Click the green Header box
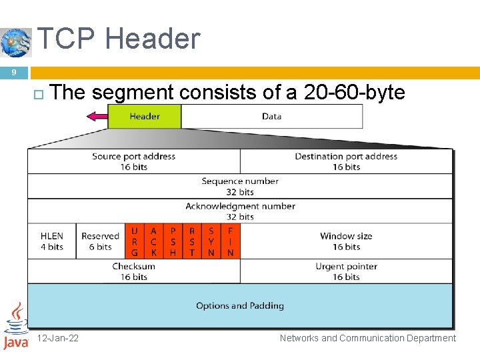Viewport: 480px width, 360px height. (145, 116)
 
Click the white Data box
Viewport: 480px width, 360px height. (271, 116)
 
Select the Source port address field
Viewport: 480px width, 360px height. (134, 161)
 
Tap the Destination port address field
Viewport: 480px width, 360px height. (346, 161)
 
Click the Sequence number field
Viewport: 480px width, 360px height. (240, 186)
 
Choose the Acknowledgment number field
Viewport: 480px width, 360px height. (240, 211)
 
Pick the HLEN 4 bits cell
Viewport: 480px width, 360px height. (52, 241)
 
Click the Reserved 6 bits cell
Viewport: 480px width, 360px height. (100, 241)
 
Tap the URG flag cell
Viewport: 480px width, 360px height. (135, 241)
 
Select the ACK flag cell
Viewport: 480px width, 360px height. (153, 241)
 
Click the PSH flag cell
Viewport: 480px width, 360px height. (173, 241)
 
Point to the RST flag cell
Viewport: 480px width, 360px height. (192, 241)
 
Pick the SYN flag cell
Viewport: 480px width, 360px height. (211, 241)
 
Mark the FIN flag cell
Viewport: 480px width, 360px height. (230, 241)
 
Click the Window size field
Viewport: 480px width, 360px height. (346, 241)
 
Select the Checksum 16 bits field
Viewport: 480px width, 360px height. (133, 271)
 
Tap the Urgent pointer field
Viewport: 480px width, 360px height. (346, 271)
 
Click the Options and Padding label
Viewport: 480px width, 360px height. (240, 306)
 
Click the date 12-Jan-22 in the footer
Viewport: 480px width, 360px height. (58, 338)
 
